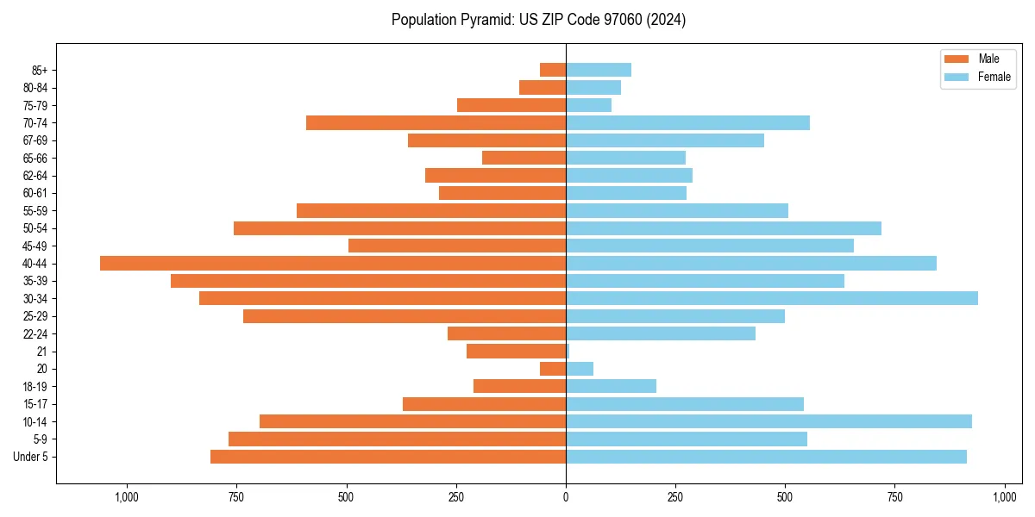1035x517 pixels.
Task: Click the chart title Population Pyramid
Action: (538, 20)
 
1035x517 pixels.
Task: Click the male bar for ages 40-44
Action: (333, 263)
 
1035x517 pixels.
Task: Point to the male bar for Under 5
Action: (388, 457)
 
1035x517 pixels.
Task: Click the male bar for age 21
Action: (516, 351)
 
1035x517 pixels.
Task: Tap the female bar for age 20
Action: (580, 369)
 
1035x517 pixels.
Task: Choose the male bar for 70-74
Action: (436, 122)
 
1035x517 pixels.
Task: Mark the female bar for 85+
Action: (599, 70)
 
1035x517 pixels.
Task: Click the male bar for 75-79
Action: (511, 105)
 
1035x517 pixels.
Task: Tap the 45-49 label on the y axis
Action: (35, 246)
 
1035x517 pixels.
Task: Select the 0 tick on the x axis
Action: (566, 497)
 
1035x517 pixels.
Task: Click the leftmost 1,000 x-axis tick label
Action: (127, 497)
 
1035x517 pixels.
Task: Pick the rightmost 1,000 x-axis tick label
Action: (1005, 497)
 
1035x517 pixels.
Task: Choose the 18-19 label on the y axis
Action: (35, 386)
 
